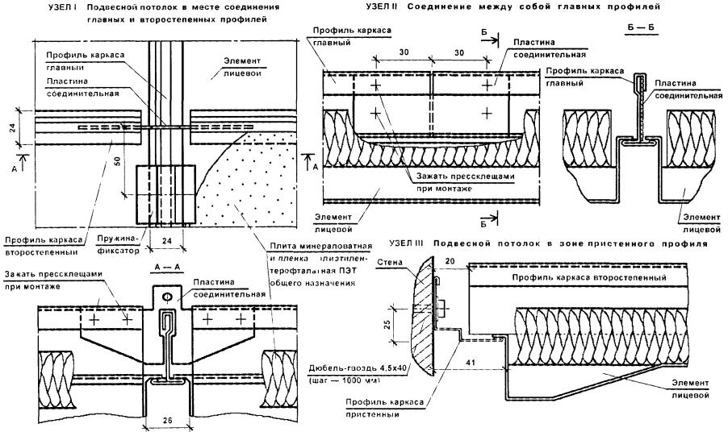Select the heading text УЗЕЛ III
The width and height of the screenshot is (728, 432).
[x=407, y=242]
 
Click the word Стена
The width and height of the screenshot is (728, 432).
[x=391, y=260]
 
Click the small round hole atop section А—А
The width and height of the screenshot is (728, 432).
[x=166, y=297]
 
